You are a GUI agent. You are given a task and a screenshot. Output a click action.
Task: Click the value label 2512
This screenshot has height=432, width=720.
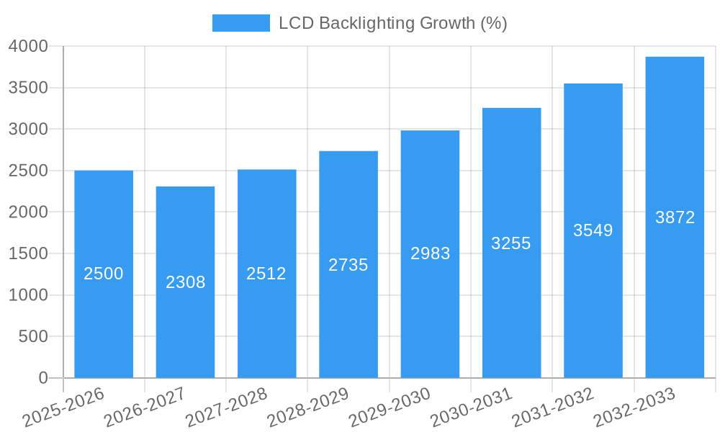pyautogui.click(x=266, y=274)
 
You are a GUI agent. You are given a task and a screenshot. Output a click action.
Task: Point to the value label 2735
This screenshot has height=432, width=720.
pyautogui.click(x=348, y=265)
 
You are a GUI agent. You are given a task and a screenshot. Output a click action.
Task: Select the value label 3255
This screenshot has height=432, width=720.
pyautogui.click(x=511, y=243)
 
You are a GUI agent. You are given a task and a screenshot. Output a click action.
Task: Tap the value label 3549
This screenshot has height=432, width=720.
pyautogui.click(x=593, y=230)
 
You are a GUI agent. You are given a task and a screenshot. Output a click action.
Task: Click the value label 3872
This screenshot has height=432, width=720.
pyautogui.click(x=675, y=217)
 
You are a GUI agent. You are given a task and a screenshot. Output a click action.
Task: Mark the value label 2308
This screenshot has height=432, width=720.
pyautogui.click(x=185, y=282)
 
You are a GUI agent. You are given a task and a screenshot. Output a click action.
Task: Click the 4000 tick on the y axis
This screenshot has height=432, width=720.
pyautogui.click(x=28, y=47)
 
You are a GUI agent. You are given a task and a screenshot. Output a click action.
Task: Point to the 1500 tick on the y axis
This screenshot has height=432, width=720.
pyautogui.click(x=28, y=253)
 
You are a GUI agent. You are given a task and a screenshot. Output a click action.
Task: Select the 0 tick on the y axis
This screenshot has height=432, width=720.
pyautogui.click(x=42, y=378)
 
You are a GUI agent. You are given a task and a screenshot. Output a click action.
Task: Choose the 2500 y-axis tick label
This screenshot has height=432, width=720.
pyautogui.click(x=28, y=171)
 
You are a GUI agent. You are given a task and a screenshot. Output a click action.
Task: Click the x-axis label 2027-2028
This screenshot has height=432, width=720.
pyautogui.click(x=227, y=408)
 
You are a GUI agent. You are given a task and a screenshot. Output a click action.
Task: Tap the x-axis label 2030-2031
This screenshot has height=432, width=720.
pyautogui.click(x=472, y=408)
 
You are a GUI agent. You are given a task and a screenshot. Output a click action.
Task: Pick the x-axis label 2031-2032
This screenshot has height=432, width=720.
pyautogui.click(x=553, y=408)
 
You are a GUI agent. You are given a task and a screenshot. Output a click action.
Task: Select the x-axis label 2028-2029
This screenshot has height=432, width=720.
pyautogui.click(x=308, y=408)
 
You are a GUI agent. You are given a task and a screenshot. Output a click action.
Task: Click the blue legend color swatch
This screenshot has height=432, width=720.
pyautogui.click(x=240, y=23)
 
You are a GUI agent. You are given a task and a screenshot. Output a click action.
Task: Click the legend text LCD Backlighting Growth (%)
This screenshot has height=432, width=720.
pyautogui.click(x=393, y=23)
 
